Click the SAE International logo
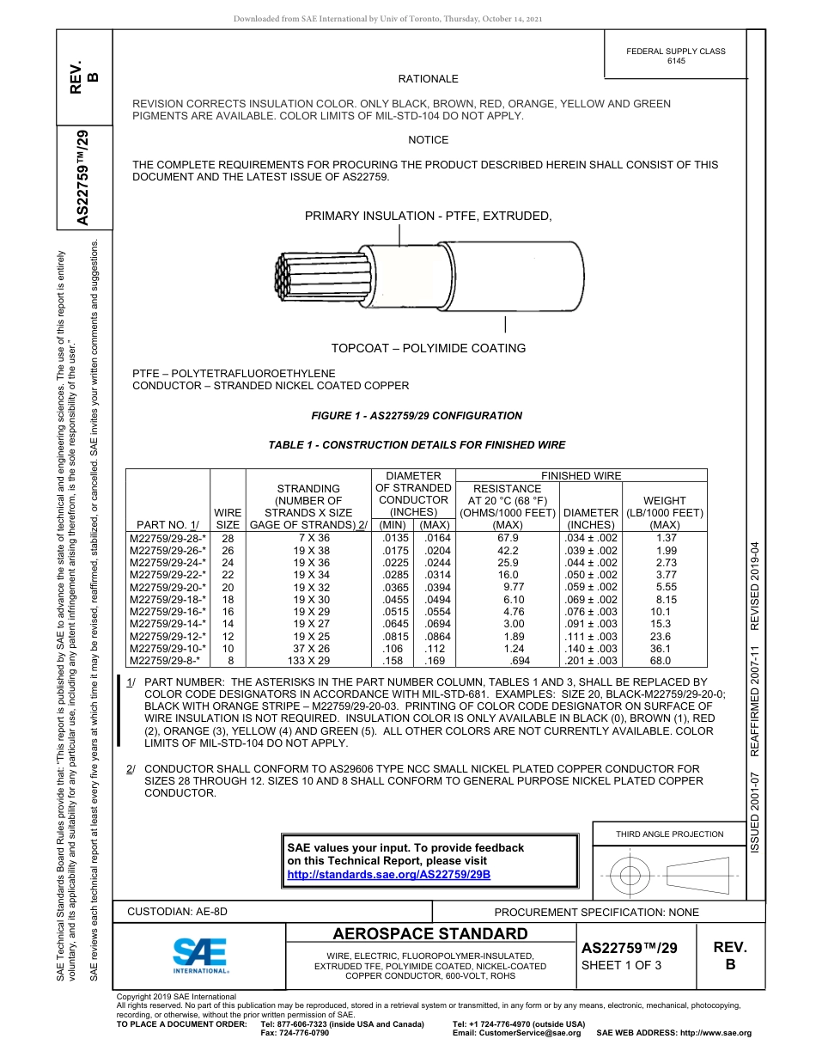tap(200, 954)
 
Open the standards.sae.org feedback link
tap(388, 874)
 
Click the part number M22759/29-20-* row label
tap(167, 587)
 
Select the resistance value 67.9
tap(508, 538)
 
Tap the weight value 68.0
tap(661, 661)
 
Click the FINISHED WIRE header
tap(581, 475)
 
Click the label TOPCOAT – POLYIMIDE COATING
tap(429, 348)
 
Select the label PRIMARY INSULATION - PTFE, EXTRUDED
tap(428, 216)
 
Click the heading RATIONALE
tap(428, 79)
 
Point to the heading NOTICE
tap(428, 139)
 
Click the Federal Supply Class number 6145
tap(676, 61)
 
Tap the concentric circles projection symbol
tap(631, 876)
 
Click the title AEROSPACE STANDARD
tap(429, 934)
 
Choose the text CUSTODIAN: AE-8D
tap(178, 912)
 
